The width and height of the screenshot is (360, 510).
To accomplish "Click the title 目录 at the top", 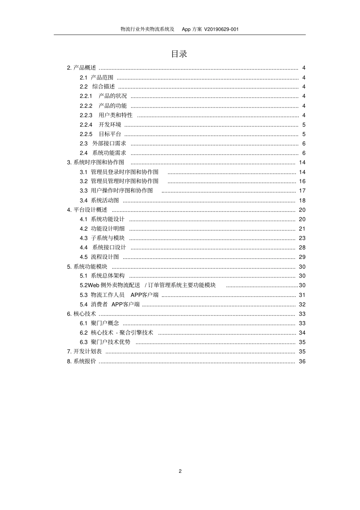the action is click(x=179, y=54).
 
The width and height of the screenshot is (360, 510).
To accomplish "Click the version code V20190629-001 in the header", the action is click(x=221, y=29).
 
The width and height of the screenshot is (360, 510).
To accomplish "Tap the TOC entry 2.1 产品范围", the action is click(x=96, y=77).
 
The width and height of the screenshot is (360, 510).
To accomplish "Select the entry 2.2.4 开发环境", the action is click(x=100, y=125).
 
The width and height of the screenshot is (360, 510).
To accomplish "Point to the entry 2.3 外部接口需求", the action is click(x=103, y=143).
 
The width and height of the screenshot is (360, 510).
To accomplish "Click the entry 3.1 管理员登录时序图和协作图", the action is click(x=119, y=172).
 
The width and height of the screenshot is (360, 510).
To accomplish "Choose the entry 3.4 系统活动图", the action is click(x=99, y=200).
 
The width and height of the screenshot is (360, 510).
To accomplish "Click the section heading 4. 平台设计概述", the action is click(x=87, y=210).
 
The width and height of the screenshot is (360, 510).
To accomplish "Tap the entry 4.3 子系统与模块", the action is click(x=102, y=238).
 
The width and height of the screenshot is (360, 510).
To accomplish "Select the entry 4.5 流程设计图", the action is click(x=99, y=257).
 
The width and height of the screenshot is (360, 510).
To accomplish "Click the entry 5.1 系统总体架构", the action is click(x=102, y=276).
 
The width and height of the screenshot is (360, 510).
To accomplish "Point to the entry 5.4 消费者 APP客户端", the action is click(x=110, y=304).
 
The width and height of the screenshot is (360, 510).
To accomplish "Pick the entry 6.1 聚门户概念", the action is click(x=99, y=323).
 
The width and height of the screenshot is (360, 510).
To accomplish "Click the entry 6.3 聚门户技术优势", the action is click(x=105, y=342).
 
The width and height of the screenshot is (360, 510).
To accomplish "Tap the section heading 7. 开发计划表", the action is click(x=85, y=352).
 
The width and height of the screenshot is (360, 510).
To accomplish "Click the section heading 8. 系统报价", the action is click(x=81, y=361).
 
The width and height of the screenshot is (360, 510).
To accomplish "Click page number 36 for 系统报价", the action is click(x=302, y=361).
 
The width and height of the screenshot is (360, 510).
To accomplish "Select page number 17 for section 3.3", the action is click(x=302, y=191).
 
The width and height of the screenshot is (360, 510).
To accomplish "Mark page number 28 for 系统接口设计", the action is click(x=302, y=248).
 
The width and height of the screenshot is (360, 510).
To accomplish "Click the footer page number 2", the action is click(x=180, y=471).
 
